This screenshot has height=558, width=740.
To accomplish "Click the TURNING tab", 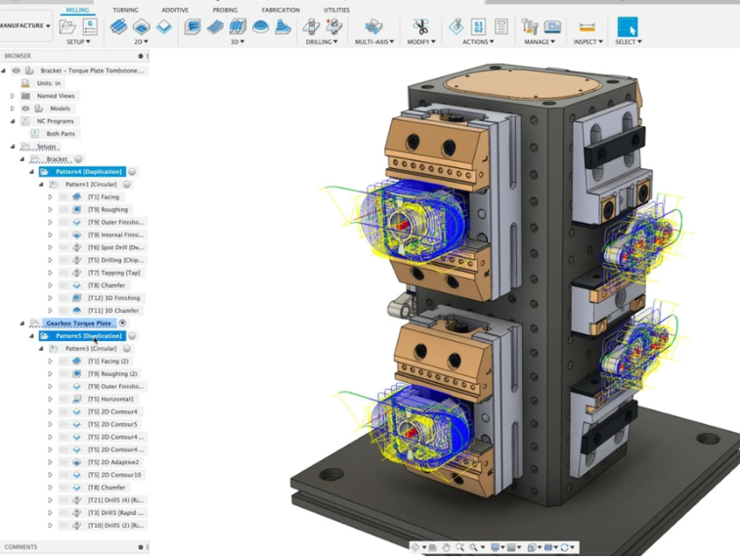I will (x=125, y=10).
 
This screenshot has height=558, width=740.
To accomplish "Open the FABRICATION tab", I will (x=281, y=10).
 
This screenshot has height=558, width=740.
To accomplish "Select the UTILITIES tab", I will (x=336, y=10).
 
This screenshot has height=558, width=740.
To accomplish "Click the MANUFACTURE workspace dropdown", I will (x=24, y=26).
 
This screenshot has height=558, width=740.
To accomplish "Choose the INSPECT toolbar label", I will (x=588, y=42).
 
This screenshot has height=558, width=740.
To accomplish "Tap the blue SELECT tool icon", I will (x=627, y=26).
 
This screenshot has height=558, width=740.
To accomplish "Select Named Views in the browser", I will (x=56, y=96).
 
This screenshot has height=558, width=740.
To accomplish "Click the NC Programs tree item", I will (x=55, y=121).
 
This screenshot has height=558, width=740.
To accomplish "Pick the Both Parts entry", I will (x=61, y=134).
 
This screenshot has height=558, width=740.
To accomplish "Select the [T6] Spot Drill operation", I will (x=115, y=247).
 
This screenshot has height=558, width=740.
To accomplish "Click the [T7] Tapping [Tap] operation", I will (x=114, y=273).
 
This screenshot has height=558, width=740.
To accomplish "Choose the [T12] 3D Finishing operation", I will (x=113, y=298).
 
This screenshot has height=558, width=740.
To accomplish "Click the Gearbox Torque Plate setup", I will (x=78, y=323).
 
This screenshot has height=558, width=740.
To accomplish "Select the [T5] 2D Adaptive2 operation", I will (x=113, y=462).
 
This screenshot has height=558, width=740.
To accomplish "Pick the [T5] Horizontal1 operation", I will (x=111, y=399).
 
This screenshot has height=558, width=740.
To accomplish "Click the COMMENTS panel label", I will (x=21, y=547).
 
